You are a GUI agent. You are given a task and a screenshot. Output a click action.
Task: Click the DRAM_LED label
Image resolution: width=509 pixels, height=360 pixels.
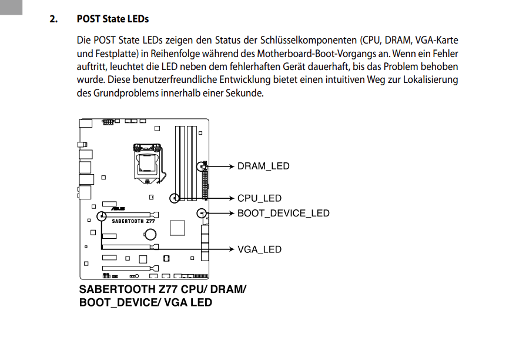point(263,166)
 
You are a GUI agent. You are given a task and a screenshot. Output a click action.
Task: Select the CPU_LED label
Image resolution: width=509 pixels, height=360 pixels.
point(259,199)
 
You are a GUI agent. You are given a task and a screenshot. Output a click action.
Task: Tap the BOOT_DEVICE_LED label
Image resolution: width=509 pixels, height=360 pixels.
point(283,214)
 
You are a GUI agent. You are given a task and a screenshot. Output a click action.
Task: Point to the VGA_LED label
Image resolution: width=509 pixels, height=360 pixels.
point(259,249)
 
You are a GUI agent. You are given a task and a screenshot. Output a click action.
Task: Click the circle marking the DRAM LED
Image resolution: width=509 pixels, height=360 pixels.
point(204,166)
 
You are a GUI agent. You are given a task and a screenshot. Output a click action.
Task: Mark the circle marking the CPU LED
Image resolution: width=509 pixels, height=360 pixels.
point(174,198)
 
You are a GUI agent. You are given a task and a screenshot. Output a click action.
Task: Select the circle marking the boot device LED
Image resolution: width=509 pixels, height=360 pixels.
point(203,213)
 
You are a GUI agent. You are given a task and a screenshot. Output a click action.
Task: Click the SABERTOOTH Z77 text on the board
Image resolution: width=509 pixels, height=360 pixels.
point(133,222)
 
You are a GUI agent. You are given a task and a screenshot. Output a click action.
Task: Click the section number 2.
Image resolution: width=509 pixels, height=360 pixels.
point(54,19)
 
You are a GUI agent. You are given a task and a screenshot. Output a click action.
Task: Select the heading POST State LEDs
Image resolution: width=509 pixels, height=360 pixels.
point(113,19)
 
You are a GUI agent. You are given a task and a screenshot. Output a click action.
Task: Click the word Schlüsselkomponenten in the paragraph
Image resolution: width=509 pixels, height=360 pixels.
point(307,41)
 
